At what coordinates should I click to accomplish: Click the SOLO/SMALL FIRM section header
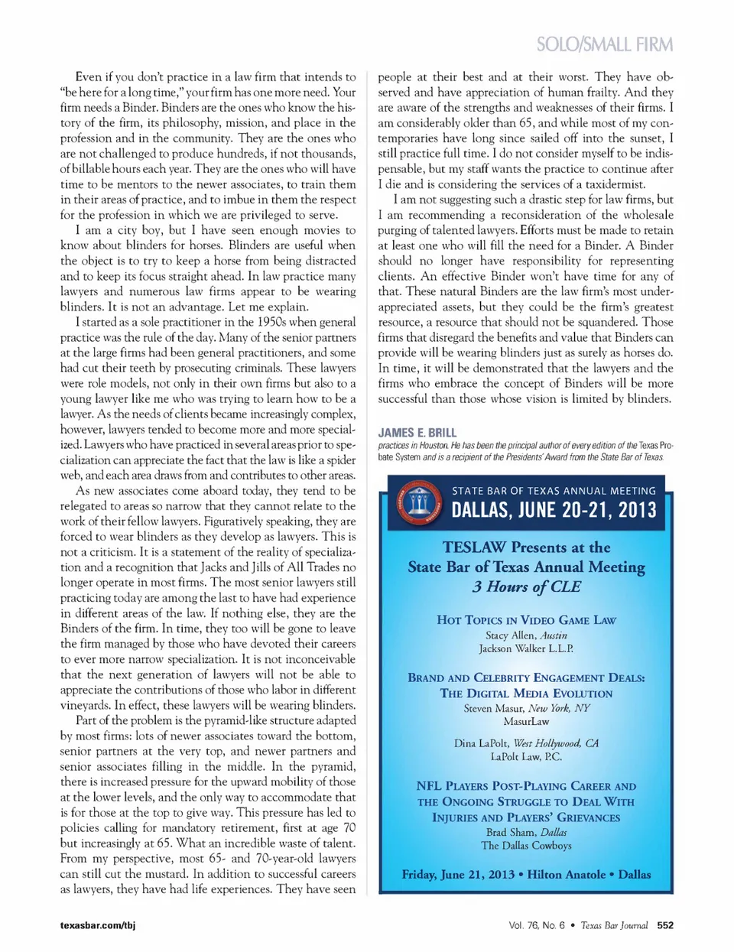click(x=604, y=44)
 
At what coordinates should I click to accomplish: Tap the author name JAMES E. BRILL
click(x=417, y=433)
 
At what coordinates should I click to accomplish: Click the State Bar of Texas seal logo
click(x=420, y=502)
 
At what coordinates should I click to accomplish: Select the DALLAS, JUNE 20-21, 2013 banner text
click(x=554, y=510)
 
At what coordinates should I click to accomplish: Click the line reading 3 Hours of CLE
click(x=526, y=586)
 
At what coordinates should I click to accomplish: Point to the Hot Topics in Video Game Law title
click(x=526, y=620)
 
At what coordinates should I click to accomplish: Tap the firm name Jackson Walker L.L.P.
click(x=526, y=648)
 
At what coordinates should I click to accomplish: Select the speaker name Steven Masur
click(x=493, y=708)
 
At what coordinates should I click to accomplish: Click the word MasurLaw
click(x=526, y=721)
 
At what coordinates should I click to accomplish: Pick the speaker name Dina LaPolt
click(x=481, y=743)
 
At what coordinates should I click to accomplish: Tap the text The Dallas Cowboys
click(x=526, y=846)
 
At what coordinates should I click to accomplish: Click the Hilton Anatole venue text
click(x=566, y=874)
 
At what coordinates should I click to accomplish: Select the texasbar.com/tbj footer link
click(x=98, y=925)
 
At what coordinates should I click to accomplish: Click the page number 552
click(x=665, y=925)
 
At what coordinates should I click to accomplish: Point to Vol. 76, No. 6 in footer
click(x=537, y=925)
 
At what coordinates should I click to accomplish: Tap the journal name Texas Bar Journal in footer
click(x=614, y=925)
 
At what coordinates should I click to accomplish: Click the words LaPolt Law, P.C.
click(x=526, y=756)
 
